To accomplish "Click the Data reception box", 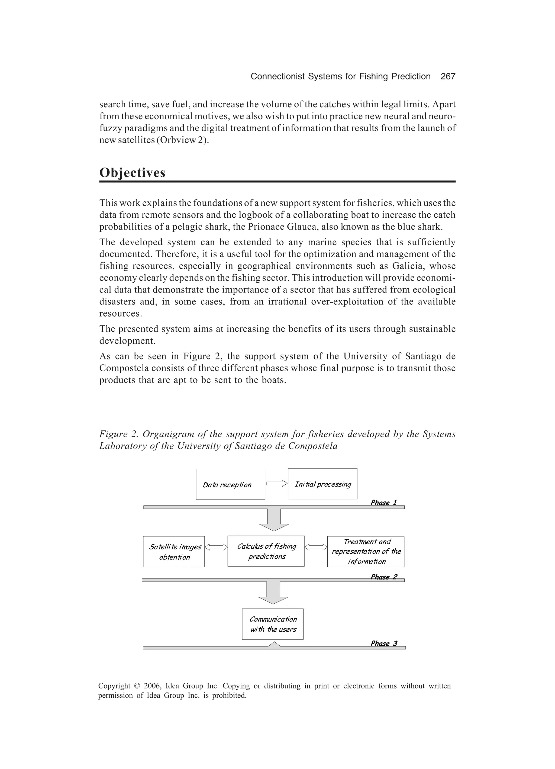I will [x=230, y=484].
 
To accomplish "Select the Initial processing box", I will [x=322, y=484].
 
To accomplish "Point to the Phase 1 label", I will [x=383, y=503].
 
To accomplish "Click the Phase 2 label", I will [x=383, y=577].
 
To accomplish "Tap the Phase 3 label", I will [x=383, y=643].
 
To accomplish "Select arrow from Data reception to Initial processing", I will [x=277, y=484].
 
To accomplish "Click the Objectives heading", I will [x=132, y=173].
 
